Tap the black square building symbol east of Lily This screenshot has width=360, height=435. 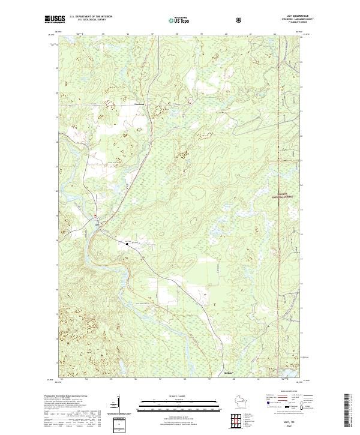pos(127,243)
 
